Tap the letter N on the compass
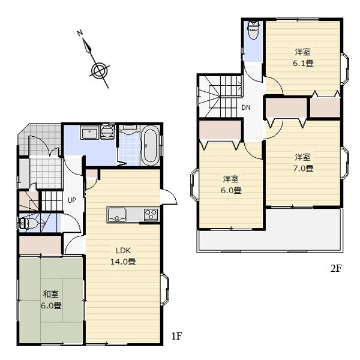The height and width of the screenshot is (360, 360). tap(80, 34)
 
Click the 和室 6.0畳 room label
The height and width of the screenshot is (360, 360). tap(51, 299)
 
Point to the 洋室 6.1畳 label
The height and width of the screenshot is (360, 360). tap(303, 57)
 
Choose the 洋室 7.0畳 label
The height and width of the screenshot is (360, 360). tap(303, 163)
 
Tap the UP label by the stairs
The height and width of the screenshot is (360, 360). tap(71, 200)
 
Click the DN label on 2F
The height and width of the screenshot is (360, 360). tap(246, 108)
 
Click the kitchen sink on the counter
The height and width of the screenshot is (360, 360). tap(116, 214)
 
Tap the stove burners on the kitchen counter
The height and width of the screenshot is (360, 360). tap(149, 214)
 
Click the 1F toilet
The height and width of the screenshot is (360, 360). tap(29, 224)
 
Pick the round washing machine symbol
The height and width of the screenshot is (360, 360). tap(108, 131)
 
